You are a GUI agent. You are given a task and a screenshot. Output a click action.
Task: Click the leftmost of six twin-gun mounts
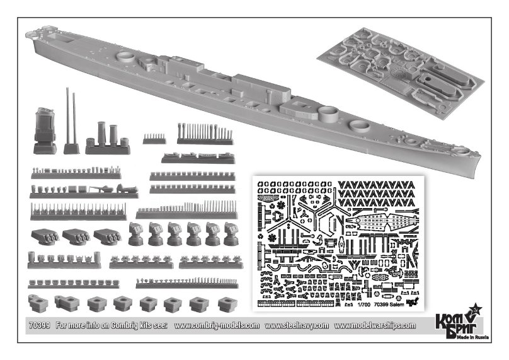coord(136,234)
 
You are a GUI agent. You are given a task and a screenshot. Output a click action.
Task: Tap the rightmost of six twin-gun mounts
coord(231,234)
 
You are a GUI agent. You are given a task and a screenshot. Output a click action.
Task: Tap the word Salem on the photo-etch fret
coord(395,303)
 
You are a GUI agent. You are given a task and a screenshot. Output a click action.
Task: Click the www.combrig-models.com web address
coord(216,325)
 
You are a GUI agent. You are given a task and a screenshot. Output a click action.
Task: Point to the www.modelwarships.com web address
coord(374,325)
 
